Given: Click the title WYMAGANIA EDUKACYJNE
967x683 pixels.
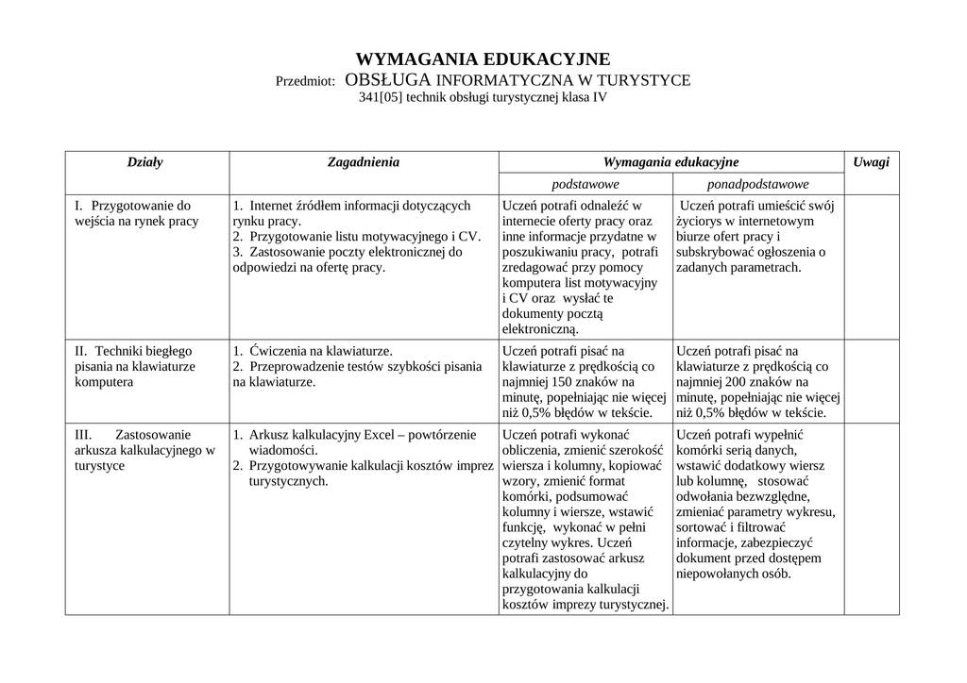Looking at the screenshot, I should point(483,59).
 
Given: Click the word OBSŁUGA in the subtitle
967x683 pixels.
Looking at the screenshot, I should point(388,80).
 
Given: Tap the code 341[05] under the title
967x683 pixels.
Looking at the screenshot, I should point(382,97).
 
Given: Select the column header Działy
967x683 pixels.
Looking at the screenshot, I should point(145,162).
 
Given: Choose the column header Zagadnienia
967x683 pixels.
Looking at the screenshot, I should point(364,162).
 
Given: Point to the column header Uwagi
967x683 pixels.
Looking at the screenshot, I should point(871,162).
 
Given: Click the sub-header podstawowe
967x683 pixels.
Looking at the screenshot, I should point(585,184).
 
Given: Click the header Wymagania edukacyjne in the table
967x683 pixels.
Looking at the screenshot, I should point(670,162).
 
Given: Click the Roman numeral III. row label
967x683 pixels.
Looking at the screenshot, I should point(83,435).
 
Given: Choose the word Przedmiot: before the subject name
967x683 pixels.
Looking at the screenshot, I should point(305,81).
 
